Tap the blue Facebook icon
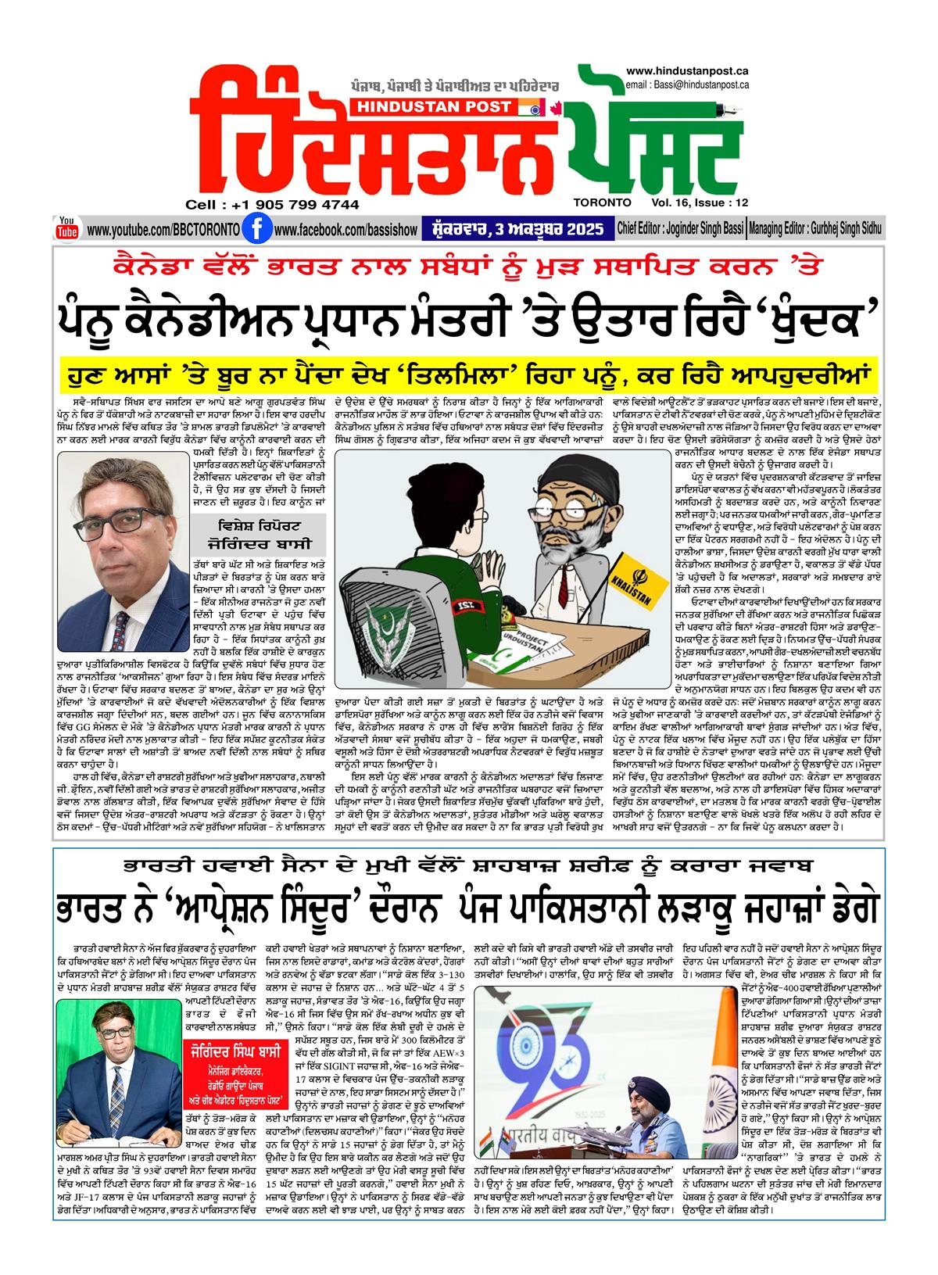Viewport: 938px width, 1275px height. [252, 229]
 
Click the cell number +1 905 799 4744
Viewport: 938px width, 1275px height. [272, 205]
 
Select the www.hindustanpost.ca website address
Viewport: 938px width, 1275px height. [688, 71]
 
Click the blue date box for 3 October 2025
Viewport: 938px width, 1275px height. [517, 229]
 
